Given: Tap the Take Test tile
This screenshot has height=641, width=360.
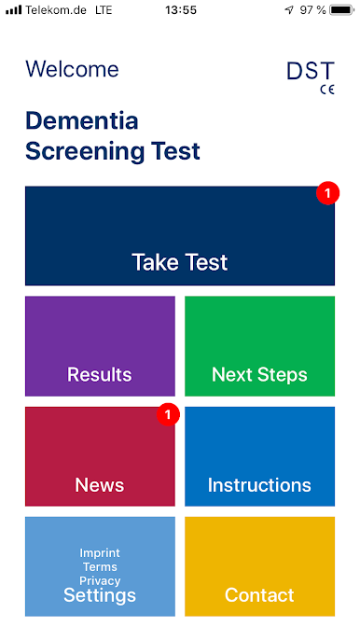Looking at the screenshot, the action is tap(180, 236).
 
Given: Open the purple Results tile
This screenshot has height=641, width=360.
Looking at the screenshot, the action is tap(100, 346).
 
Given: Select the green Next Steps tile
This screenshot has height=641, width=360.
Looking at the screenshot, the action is tap(259, 346).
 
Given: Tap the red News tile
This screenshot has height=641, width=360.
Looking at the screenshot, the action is tap(100, 456).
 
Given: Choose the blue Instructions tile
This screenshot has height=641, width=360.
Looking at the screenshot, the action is tap(259, 456).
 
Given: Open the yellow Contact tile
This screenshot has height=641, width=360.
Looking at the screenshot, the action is tap(259, 566).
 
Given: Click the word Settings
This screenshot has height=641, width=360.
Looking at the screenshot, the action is tap(100, 595).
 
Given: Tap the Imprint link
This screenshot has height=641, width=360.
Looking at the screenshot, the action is tap(100, 553).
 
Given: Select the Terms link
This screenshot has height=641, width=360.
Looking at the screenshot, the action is tap(100, 567).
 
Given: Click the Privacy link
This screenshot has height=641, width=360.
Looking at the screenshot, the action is tap(100, 581).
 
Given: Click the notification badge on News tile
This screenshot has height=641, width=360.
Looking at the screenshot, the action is tap(168, 414).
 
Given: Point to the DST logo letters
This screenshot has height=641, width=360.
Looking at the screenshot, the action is tap(311, 71).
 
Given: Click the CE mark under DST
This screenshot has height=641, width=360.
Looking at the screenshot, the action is tap(327, 90).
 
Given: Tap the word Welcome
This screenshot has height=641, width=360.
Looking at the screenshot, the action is tap(73, 69).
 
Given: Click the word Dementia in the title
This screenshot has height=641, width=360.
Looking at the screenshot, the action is tap(82, 121).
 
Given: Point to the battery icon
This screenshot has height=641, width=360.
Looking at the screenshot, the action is tap(341, 10).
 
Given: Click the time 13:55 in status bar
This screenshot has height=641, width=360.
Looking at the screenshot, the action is tap(181, 10).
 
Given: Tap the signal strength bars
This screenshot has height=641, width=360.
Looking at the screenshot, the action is tap(14, 10).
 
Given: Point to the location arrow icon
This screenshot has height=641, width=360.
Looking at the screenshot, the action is tap(289, 10).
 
